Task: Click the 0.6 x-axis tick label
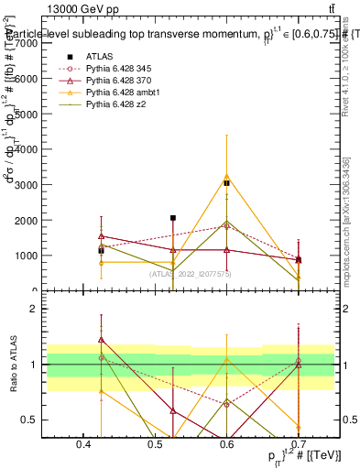[x=225, y=443]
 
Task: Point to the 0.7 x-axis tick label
[x=297, y=443]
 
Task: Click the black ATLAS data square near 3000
[x=226, y=183]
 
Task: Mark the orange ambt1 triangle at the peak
[x=226, y=176]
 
